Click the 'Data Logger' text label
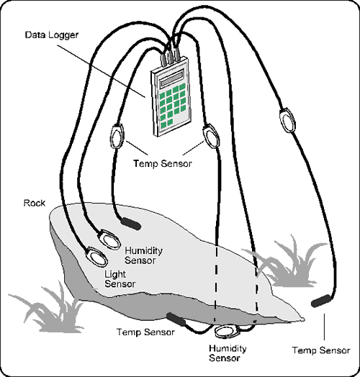click(x=52, y=35)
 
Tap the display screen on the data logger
click(x=172, y=78)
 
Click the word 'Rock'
click(x=35, y=203)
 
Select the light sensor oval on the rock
click(x=97, y=256)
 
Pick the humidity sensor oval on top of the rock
click(x=109, y=240)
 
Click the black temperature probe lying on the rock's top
click(x=130, y=224)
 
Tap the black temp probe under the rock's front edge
click(x=176, y=319)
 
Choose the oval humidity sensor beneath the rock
click(x=227, y=332)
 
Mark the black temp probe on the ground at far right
click(x=321, y=301)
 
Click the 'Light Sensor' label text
click(x=120, y=279)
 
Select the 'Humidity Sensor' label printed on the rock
click(x=143, y=255)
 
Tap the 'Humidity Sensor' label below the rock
click(x=228, y=353)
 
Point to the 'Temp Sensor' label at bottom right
click(x=321, y=350)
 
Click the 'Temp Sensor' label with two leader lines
click(x=163, y=163)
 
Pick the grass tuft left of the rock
click(x=48, y=308)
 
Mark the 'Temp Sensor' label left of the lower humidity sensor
click(x=145, y=332)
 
